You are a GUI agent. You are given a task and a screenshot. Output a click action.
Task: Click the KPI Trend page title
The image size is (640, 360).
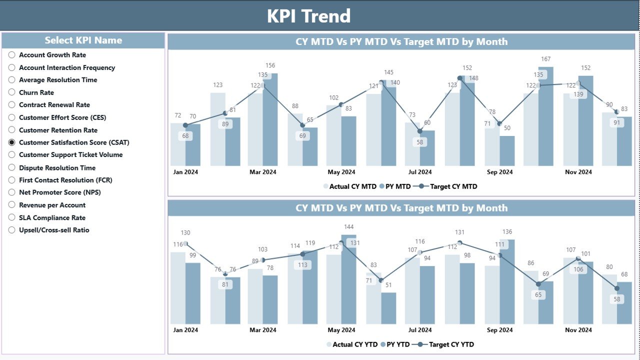pyautogui.click(x=308, y=16)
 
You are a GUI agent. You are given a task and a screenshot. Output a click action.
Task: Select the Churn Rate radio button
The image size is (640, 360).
pyautogui.click(x=12, y=92)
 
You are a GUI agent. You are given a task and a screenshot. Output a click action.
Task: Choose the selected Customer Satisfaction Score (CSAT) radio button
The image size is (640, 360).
pyautogui.click(x=12, y=142)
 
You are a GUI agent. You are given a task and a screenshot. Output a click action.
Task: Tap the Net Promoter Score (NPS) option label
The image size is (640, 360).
pyautogui.click(x=60, y=192)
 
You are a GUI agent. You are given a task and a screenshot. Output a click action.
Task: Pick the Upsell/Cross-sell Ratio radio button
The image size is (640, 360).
pyautogui.click(x=12, y=230)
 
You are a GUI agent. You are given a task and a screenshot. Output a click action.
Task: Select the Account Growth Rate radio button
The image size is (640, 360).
pyautogui.click(x=12, y=55)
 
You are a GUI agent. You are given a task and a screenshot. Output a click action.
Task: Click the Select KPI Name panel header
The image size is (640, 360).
pyautogui.click(x=83, y=40)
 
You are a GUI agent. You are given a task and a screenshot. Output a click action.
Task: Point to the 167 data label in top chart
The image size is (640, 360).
pyautogui.click(x=545, y=59)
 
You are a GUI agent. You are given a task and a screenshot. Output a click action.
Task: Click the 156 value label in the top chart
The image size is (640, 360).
pyautogui.click(x=270, y=65)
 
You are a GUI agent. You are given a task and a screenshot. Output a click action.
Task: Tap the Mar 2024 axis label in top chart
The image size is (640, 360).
pyautogui.click(x=262, y=172)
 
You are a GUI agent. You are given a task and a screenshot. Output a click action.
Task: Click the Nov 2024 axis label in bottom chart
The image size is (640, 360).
pyautogui.click(x=578, y=330)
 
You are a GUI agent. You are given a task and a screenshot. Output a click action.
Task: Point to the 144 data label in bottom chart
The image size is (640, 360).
pyautogui.click(x=348, y=227)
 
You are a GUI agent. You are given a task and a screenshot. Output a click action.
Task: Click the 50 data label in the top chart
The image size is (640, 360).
pyautogui.click(x=507, y=128)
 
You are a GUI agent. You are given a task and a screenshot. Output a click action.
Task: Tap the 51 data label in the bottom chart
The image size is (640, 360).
pyautogui.click(x=388, y=285)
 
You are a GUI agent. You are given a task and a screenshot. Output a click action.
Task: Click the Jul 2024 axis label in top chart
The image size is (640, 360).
pyautogui.click(x=419, y=172)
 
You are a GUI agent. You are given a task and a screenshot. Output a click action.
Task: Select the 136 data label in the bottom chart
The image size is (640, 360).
pyautogui.click(x=507, y=232)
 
